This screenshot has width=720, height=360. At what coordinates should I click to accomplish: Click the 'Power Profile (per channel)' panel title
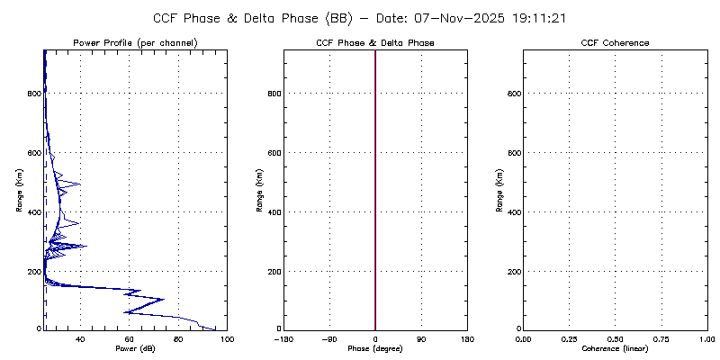coord(135,43)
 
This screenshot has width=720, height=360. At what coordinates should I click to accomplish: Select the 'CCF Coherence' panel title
coord(615,43)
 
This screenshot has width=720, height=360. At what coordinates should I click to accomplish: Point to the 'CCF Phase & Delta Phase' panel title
coord(375,43)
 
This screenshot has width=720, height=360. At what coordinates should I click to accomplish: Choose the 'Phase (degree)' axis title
coord(375,347)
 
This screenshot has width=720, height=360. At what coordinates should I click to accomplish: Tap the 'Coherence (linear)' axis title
coord(615,347)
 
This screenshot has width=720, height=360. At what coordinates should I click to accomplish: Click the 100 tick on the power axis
coord(226,338)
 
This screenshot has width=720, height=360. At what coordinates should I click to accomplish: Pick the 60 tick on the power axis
coord(130,338)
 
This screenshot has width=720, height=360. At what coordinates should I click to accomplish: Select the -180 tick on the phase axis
coord(283,338)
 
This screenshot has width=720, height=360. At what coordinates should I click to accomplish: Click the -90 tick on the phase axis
coord(329,338)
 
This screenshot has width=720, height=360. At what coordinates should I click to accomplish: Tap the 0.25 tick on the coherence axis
coord(569,338)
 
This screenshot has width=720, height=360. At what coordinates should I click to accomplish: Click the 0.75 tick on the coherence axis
coord(661,338)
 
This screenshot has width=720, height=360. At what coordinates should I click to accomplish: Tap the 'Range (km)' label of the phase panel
coord(260,189)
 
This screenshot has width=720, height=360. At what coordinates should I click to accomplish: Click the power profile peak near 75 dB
coord(163,299)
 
